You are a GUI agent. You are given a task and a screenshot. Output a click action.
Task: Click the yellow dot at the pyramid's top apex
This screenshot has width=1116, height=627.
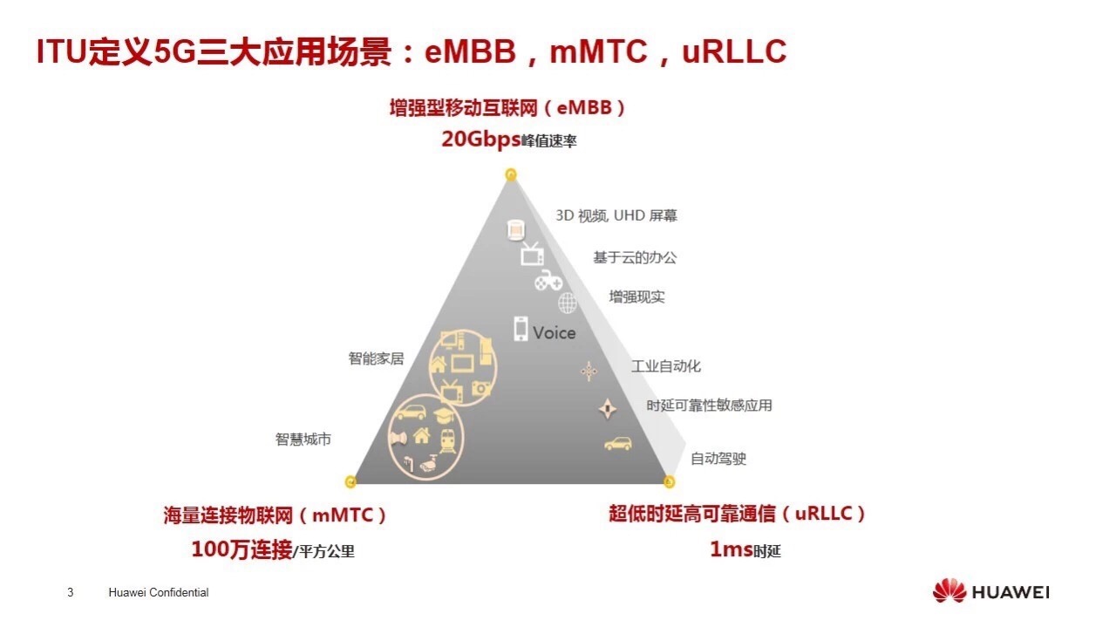click(511, 174)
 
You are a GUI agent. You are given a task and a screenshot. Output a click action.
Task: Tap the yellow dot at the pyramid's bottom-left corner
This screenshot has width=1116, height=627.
click(350, 481)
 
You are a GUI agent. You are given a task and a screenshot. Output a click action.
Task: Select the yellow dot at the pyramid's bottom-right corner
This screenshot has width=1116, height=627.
click(669, 481)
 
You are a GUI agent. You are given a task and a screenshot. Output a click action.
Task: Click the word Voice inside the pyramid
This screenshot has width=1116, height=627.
click(554, 333)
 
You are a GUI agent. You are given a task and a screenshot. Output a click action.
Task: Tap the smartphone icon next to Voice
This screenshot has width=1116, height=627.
click(521, 329)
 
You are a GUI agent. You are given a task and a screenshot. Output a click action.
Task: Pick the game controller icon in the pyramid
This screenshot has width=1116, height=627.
click(548, 281)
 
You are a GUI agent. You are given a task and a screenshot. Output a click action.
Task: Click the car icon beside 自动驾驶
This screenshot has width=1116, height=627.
click(618, 443)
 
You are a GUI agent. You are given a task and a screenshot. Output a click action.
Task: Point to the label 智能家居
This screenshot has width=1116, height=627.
click(376, 358)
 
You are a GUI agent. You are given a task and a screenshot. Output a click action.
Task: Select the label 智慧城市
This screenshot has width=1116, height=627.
click(303, 440)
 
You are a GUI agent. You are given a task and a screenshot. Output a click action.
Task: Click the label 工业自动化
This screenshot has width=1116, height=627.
click(666, 366)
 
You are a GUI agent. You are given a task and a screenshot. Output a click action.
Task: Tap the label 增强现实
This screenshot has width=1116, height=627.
click(636, 297)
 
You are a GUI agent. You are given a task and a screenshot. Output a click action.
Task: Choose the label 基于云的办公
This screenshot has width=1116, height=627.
click(635, 257)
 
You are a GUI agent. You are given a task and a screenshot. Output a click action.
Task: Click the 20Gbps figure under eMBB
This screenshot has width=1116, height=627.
click(481, 139)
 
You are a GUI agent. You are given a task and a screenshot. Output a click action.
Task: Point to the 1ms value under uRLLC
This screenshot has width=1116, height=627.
click(731, 549)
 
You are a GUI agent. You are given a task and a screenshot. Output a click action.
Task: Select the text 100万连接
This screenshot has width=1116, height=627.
click(242, 549)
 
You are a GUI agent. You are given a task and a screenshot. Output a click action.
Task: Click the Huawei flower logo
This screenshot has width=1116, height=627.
click(949, 590)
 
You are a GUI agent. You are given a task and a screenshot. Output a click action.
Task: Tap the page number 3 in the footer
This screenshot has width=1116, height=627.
click(71, 593)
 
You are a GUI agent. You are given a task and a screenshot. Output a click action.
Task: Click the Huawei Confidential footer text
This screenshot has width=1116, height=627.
click(159, 593)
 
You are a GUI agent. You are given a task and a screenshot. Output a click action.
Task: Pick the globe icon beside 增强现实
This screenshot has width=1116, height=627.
click(568, 303)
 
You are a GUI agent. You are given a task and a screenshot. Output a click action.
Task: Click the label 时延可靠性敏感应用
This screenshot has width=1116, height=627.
click(710, 406)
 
